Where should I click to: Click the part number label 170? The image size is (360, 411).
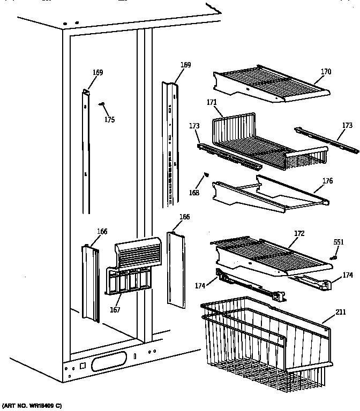click(x=326, y=72)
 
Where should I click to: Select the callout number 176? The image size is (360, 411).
click(x=327, y=181)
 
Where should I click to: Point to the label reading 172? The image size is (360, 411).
click(x=299, y=233)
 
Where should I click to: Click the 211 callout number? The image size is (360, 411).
click(x=341, y=312)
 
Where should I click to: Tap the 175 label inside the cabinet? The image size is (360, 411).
click(x=109, y=120)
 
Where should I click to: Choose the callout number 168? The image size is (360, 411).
click(x=194, y=193)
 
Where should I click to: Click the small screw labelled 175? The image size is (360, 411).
click(x=101, y=105)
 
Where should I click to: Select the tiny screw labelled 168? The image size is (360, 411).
click(x=205, y=174)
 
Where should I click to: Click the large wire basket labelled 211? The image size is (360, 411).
click(x=268, y=342)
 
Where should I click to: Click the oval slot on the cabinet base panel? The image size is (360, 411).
click(x=110, y=363)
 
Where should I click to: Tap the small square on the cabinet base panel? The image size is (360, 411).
click(x=82, y=367)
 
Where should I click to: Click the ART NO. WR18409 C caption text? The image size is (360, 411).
click(x=32, y=406)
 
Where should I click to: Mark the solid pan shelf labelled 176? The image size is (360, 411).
click(x=268, y=192)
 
